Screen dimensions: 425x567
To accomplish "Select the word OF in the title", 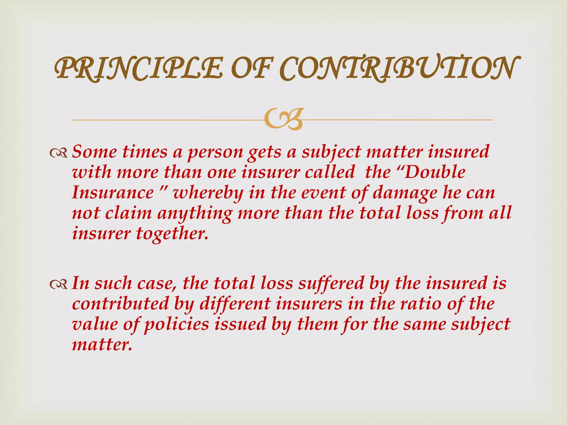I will (251, 68).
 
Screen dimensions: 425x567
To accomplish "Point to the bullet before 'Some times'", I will (58, 152).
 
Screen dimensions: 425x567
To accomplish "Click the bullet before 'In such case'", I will (58, 284).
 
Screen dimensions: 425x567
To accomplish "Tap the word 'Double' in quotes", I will (435, 172).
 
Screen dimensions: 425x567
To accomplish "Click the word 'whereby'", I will (208, 193).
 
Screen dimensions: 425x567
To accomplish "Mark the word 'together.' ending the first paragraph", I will (172, 234).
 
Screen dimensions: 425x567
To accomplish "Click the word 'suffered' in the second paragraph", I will (331, 284).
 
